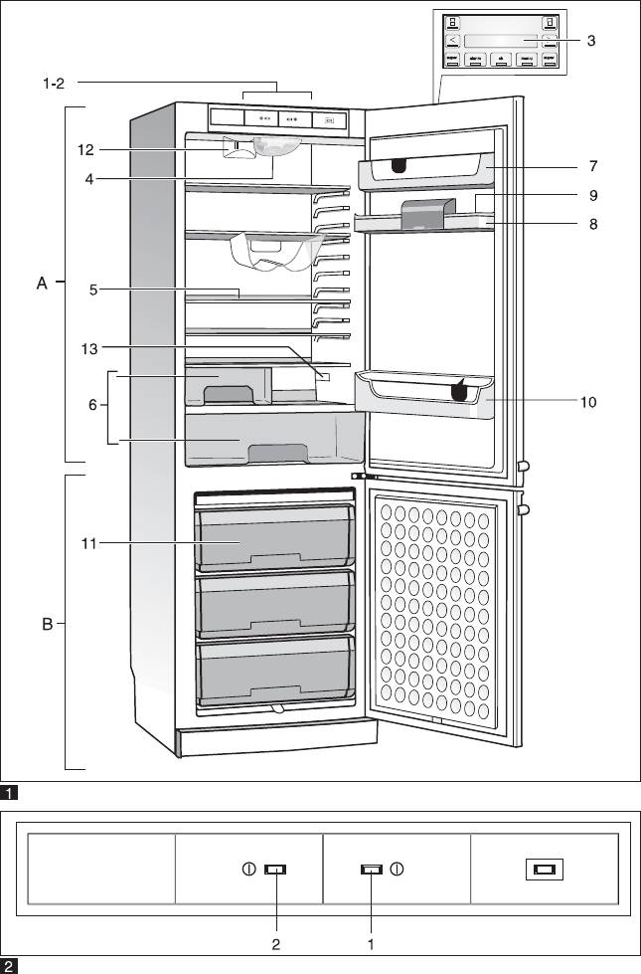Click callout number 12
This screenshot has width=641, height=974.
tap(86, 150)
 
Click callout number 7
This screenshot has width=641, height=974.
tap(592, 165)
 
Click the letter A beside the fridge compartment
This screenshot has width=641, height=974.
tap(42, 284)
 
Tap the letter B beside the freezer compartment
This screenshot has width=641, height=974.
tap(47, 626)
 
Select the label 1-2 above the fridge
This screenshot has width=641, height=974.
tap(55, 85)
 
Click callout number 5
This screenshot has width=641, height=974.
tap(91, 290)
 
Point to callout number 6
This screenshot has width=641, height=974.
tap(92, 405)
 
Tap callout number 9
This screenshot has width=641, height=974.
tap(592, 195)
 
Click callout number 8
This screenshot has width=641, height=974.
tap(592, 224)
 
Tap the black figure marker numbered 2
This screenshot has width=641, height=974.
tap(9, 965)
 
